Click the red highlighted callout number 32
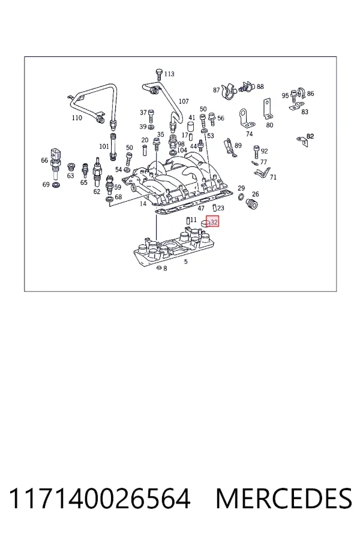[214, 222]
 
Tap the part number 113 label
[169, 74]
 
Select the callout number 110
[77, 118]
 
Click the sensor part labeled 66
[55, 163]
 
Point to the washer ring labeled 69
[55, 185]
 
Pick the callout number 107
[184, 101]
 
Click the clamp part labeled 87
[228, 91]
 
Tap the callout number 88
[260, 87]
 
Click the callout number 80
[269, 125]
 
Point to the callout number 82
[310, 136]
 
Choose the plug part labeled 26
[252, 204]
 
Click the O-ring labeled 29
[241, 197]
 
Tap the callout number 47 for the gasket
[201, 208]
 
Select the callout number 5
[186, 262]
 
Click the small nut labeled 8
[158, 268]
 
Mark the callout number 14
[143, 203]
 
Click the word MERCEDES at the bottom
[284, 498]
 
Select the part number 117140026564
[99, 498]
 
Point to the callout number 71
[273, 177]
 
